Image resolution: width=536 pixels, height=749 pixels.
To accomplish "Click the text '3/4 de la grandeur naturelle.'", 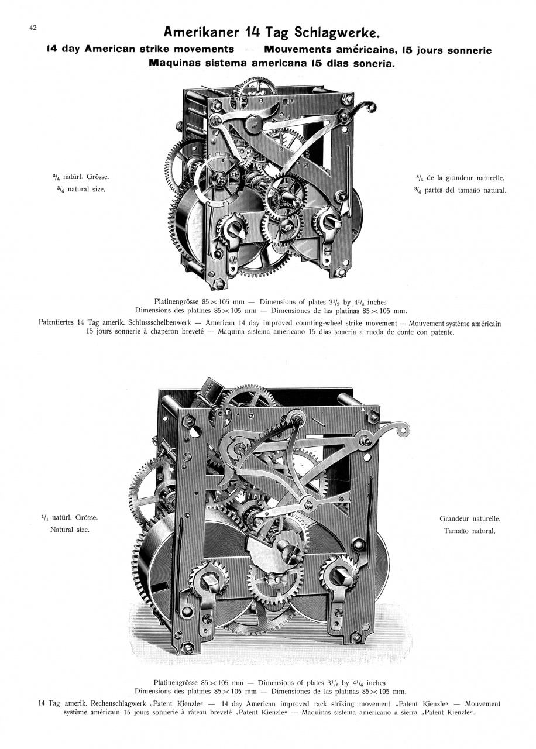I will (460, 178).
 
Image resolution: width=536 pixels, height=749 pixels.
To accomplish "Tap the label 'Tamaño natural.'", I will (469, 531).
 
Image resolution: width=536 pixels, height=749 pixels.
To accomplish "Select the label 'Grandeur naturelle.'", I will (470, 518).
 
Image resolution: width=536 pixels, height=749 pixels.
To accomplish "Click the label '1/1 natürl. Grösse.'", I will (70, 517).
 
